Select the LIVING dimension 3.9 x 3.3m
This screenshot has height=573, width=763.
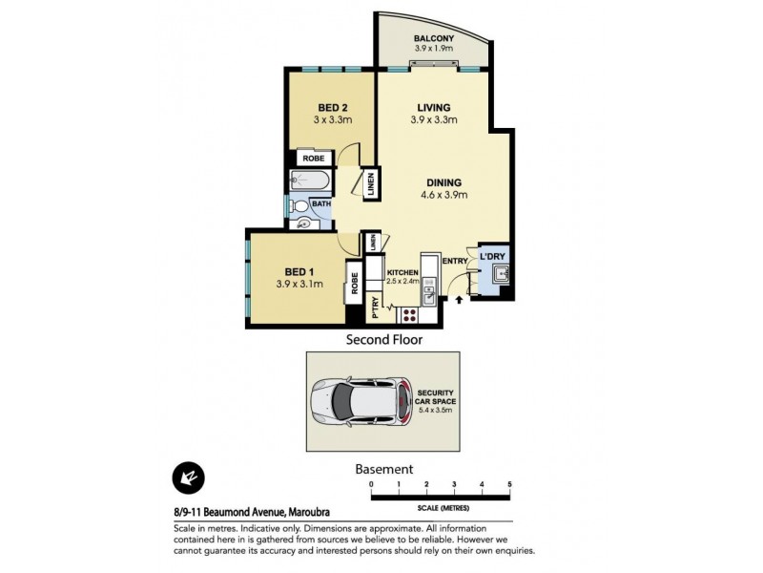(x=434, y=120)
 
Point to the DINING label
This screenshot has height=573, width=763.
(x=445, y=182)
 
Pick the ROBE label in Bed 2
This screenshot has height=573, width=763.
(x=313, y=159)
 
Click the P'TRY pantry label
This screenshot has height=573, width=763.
(x=375, y=307)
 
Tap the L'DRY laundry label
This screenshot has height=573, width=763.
(x=492, y=257)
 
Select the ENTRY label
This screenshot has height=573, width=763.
(x=455, y=262)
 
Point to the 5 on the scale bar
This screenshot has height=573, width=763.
(x=510, y=485)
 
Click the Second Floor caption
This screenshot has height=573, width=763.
(x=383, y=339)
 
